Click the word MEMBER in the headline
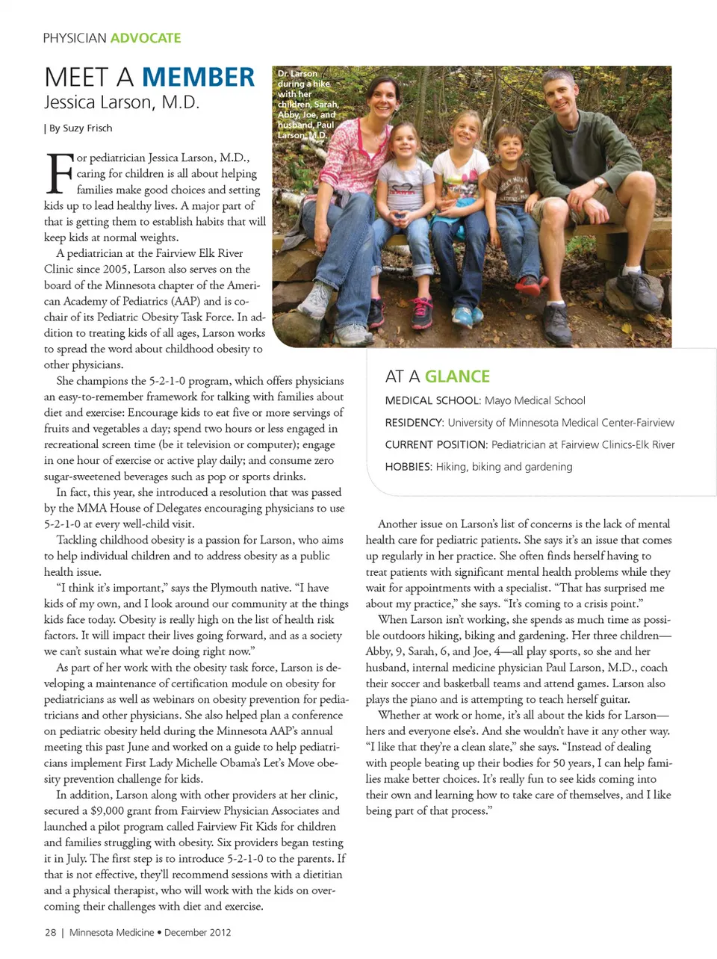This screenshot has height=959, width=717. (198, 77)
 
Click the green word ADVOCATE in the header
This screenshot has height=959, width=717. (146, 38)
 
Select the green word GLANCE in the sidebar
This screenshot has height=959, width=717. (457, 376)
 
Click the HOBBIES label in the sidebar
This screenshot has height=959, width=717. (408, 467)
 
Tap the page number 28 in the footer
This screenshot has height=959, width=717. (50, 932)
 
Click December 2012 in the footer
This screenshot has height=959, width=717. (197, 932)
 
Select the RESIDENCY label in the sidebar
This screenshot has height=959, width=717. (414, 423)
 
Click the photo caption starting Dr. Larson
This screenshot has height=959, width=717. (307, 105)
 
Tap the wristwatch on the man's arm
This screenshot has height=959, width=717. (598, 181)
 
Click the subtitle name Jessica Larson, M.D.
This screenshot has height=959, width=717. (122, 102)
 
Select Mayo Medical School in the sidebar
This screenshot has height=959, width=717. (535, 400)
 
